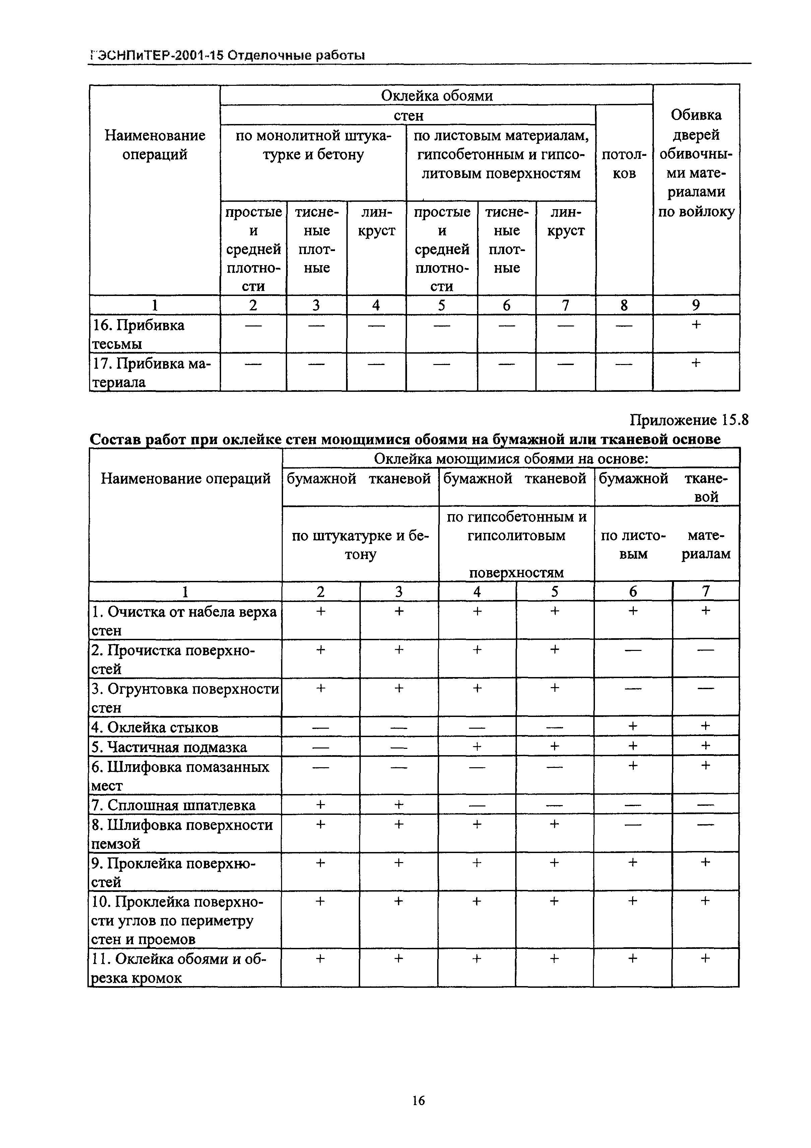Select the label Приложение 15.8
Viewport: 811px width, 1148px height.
(x=689, y=420)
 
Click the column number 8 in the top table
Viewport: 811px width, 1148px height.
(x=624, y=305)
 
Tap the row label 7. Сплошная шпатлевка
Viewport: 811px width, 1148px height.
(x=174, y=805)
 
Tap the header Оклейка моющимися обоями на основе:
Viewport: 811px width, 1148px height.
(x=511, y=459)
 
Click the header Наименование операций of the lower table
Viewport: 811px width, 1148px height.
(x=185, y=479)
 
